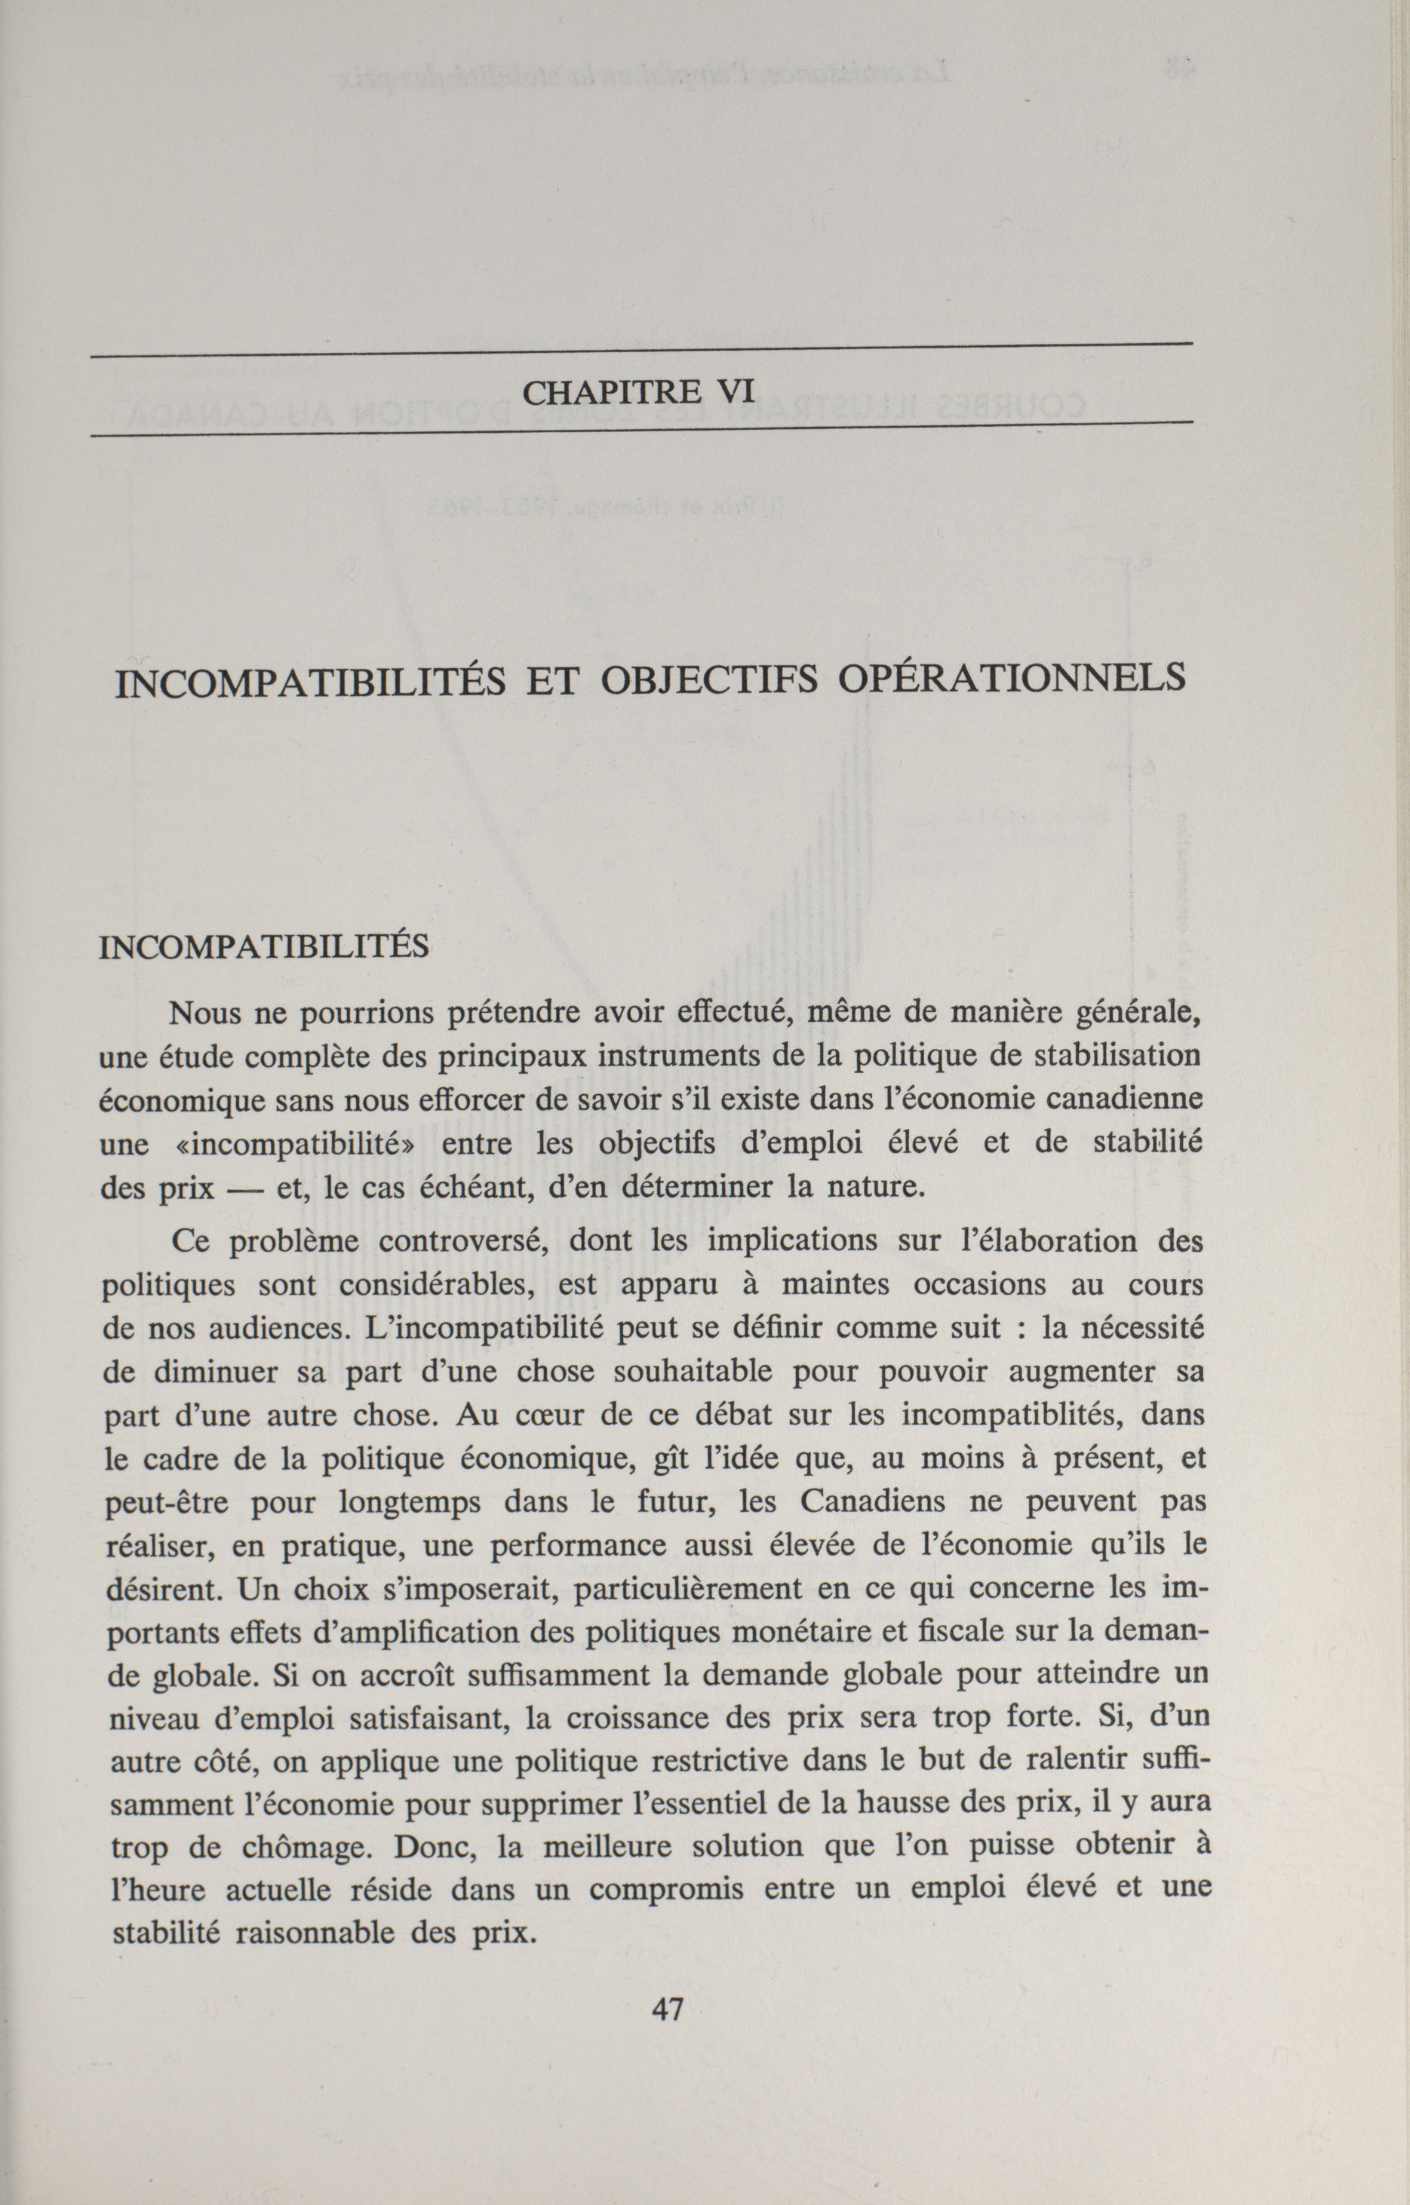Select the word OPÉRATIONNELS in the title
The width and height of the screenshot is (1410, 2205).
tap(1012, 679)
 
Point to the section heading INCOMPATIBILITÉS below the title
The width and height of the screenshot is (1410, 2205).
tap(264, 946)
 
